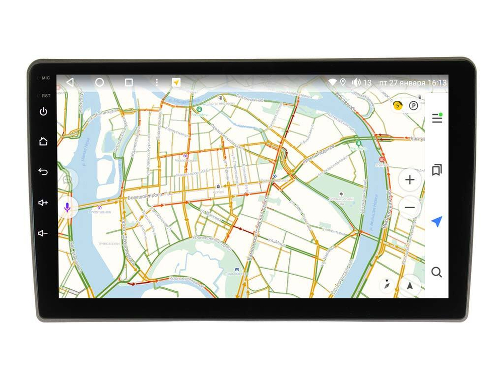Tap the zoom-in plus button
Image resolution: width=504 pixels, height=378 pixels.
pyautogui.click(x=410, y=180)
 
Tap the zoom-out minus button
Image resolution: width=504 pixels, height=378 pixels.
pyautogui.click(x=410, y=208)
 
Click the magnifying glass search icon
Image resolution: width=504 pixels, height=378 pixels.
pyautogui.click(x=436, y=272)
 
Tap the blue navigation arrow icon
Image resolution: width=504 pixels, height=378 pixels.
pyautogui.click(x=436, y=221)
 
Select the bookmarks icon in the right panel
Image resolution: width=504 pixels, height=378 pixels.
pyautogui.click(x=436, y=170)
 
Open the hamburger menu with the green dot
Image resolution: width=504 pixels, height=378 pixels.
pyautogui.click(x=436, y=118)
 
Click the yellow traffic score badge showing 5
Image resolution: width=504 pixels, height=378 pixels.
pyautogui.click(x=398, y=106)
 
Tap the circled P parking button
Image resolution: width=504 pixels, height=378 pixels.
pyautogui.click(x=413, y=106)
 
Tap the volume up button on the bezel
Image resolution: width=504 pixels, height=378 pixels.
pyautogui.click(x=43, y=203)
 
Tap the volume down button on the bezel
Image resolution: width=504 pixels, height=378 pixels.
pyautogui.click(x=43, y=233)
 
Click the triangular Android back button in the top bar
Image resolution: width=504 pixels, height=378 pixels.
pyautogui.click(x=70, y=82)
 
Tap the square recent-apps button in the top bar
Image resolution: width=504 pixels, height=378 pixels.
pyautogui.click(x=129, y=82)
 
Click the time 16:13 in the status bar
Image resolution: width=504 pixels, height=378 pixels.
pyautogui.click(x=436, y=83)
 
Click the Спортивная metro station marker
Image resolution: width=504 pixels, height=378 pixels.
pyautogui.click(x=99, y=206)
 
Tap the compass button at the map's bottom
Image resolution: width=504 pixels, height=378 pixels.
pyautogui.click(x=387, y=285)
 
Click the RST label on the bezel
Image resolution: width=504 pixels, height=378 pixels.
pyautogui.click(x=46, y=95)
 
